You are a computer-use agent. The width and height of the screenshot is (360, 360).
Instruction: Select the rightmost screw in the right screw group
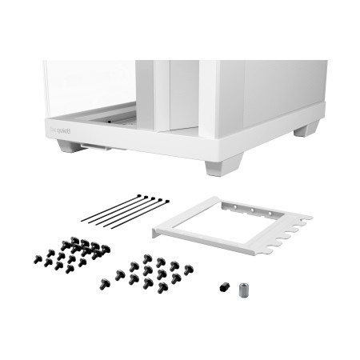(x=188, y=270)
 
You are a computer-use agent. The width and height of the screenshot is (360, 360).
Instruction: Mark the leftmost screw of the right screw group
(x=103, y=284)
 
